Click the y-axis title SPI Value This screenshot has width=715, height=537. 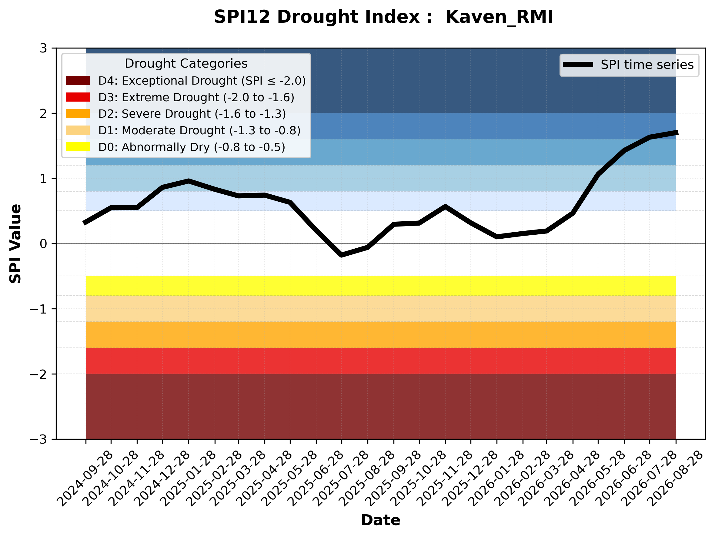[15, 244]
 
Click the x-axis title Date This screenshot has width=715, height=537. [380, 520]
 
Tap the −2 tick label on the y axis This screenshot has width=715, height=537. [38, 374]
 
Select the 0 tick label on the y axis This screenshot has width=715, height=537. [43, 244]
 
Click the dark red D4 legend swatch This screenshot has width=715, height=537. [78, 80]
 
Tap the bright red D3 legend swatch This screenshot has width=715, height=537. [78, 97]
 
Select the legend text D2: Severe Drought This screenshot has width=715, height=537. [155, 114]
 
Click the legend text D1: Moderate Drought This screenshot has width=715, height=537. [162, 130]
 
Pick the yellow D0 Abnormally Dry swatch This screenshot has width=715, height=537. [78, 147]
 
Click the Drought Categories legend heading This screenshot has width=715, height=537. [186, 64]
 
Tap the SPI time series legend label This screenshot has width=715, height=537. [647, 65]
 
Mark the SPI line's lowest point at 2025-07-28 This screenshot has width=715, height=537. [342, 255]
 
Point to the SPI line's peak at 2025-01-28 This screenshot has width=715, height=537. [189, 181]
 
